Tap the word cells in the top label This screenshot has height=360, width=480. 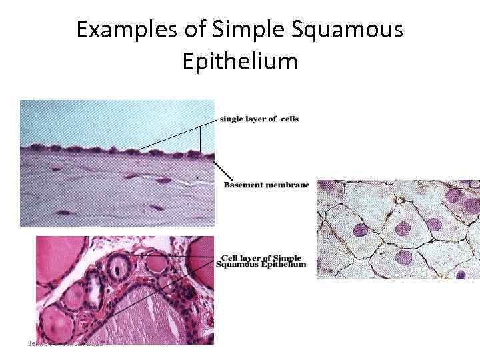(289, 119)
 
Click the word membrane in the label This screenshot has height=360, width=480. (289, 185)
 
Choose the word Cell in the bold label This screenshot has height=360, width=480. (229, 258)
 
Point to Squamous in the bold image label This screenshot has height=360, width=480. (235, 265)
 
